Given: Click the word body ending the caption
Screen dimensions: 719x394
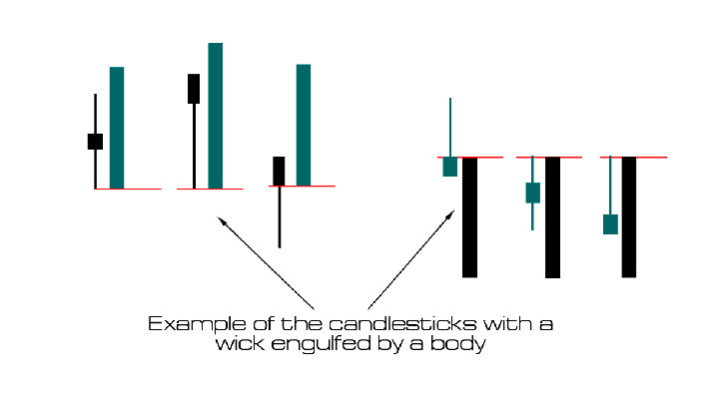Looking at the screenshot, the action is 455,344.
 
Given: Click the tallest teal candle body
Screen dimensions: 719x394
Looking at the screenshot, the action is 215,115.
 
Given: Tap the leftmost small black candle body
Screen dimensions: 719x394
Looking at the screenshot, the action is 95,141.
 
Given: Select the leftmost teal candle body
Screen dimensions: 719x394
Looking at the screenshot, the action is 117,128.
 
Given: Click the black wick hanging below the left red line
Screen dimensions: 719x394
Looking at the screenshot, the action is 280,217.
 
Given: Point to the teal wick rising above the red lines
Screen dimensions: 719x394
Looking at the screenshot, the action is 450,127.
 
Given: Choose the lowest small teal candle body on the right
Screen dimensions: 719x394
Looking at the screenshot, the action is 610,223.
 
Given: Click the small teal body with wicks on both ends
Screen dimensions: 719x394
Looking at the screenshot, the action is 533,193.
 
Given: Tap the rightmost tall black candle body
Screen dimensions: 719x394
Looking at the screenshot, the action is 629,216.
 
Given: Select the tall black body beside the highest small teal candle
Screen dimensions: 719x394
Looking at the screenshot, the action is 469,216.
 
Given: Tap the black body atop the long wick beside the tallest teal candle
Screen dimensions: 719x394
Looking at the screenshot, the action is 194,88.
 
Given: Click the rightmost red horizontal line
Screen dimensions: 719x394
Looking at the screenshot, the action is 634,158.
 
